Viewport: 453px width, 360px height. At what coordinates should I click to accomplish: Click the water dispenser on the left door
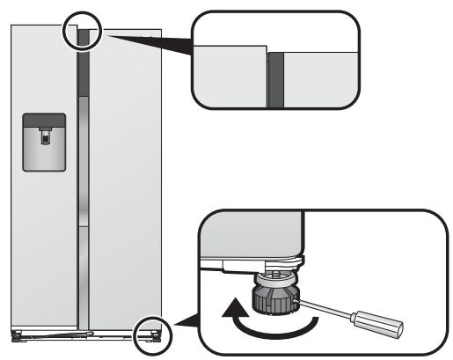43,142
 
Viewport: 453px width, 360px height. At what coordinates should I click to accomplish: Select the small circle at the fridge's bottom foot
150,334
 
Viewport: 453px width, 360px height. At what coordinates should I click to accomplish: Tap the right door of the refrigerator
123,176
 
